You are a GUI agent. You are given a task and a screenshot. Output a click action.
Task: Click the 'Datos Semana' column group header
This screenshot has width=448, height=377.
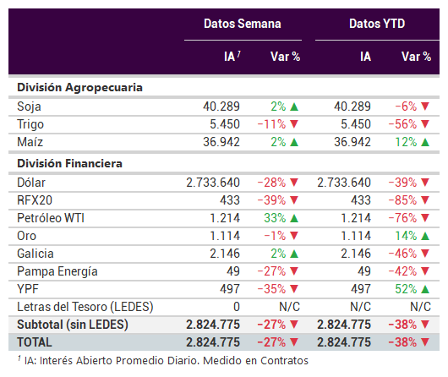point(243,24)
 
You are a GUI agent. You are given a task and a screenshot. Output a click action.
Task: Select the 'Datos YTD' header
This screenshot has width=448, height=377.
point(377,24)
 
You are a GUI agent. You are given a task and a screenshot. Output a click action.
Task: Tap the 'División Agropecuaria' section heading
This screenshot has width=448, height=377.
point(79,88)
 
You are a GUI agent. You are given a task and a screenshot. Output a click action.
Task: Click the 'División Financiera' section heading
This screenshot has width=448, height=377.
point(69,163)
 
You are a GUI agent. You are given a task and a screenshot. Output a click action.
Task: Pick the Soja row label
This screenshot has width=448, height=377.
point(29,107)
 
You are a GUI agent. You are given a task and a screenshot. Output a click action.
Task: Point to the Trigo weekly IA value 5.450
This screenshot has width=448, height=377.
point(225,124)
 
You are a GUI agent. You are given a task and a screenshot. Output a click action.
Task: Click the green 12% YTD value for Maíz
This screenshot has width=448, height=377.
point(406,142)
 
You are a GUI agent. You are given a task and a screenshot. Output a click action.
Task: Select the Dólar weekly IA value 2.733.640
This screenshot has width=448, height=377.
point(213,183)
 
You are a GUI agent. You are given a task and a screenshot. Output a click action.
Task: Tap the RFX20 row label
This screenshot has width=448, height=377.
point(35,200)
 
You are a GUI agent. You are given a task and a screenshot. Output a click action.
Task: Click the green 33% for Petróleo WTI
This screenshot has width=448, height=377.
point(275,218)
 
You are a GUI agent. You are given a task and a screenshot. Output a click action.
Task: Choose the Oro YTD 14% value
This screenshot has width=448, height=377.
point(406,236)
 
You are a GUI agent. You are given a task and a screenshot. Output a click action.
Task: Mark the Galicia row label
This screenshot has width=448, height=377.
point(36,254)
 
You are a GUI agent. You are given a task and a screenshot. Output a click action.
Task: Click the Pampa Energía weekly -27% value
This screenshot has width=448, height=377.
point(271,271)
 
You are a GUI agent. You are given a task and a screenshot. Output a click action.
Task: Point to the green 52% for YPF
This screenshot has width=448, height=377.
point(406,289)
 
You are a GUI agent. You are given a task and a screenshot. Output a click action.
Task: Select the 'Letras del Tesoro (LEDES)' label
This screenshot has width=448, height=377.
point(85,307)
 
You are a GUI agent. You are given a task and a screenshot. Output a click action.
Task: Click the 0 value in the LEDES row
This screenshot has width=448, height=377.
point(237,307)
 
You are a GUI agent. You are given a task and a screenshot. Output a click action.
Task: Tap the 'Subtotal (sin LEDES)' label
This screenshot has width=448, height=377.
point(73,325)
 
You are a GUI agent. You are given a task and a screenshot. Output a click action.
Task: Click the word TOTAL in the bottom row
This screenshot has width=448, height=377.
point(35,342)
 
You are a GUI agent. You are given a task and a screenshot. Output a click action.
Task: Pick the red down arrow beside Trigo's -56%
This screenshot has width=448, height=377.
point(425,124)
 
